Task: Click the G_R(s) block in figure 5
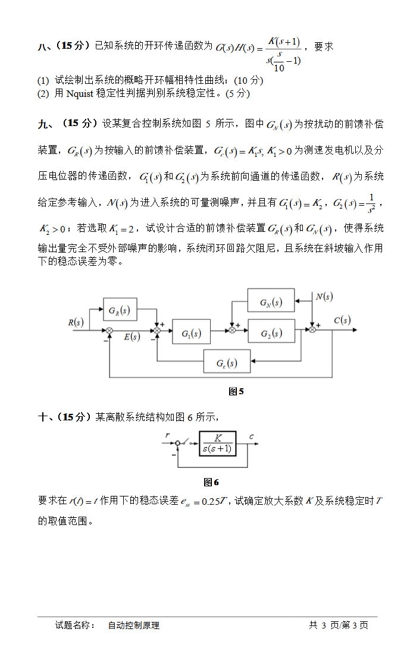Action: point(120,310)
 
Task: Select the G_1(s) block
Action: point(191,334)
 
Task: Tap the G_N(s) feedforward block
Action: point(271,302)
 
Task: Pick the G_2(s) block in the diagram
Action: point(271,334)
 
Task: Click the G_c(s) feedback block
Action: point(227,362)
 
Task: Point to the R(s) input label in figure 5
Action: point(76,322)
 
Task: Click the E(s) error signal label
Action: point(132,337)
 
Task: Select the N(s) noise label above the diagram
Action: point(324,296)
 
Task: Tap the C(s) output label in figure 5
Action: point(342,320)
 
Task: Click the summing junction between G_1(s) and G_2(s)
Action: point(233,329)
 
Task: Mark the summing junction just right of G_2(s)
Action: point(311,329)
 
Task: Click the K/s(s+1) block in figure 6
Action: point(217,444)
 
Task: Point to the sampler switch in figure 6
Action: point(187,443)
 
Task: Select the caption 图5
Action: point(236,391)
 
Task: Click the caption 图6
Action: point(211,482)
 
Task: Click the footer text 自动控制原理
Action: point(133,625)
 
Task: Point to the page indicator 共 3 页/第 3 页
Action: point(339,625)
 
